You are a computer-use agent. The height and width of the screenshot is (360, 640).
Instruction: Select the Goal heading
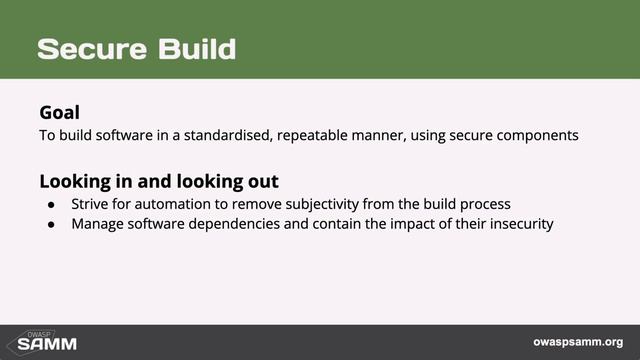[59, 112]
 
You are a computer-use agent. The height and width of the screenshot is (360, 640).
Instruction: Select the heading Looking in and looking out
[158, 182]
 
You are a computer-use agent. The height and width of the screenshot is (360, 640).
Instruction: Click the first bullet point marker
[52, 204]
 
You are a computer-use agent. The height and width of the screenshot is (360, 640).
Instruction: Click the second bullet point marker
[52, 223]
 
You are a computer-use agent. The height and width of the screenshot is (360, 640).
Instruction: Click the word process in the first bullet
[485, 204]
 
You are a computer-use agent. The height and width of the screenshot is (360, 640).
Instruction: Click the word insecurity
[517, 223]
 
